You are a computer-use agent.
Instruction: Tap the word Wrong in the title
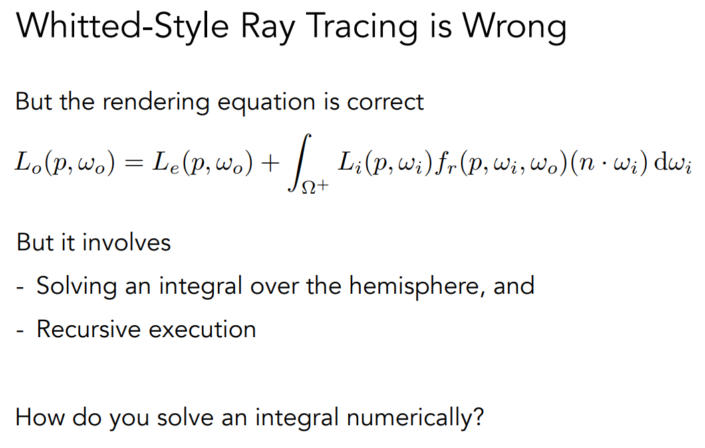tap(515, 27)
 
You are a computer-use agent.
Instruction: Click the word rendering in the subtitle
tap(156, 102)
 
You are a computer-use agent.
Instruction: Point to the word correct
tap(386, 102)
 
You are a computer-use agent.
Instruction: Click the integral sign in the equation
tap(299, 163)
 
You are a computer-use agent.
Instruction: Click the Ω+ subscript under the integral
tap(315, 186)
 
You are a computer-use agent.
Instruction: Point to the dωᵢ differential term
tap(673, 163)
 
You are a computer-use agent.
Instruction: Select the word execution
tap(202, 329)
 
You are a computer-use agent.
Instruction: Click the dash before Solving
tap(20, 287)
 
